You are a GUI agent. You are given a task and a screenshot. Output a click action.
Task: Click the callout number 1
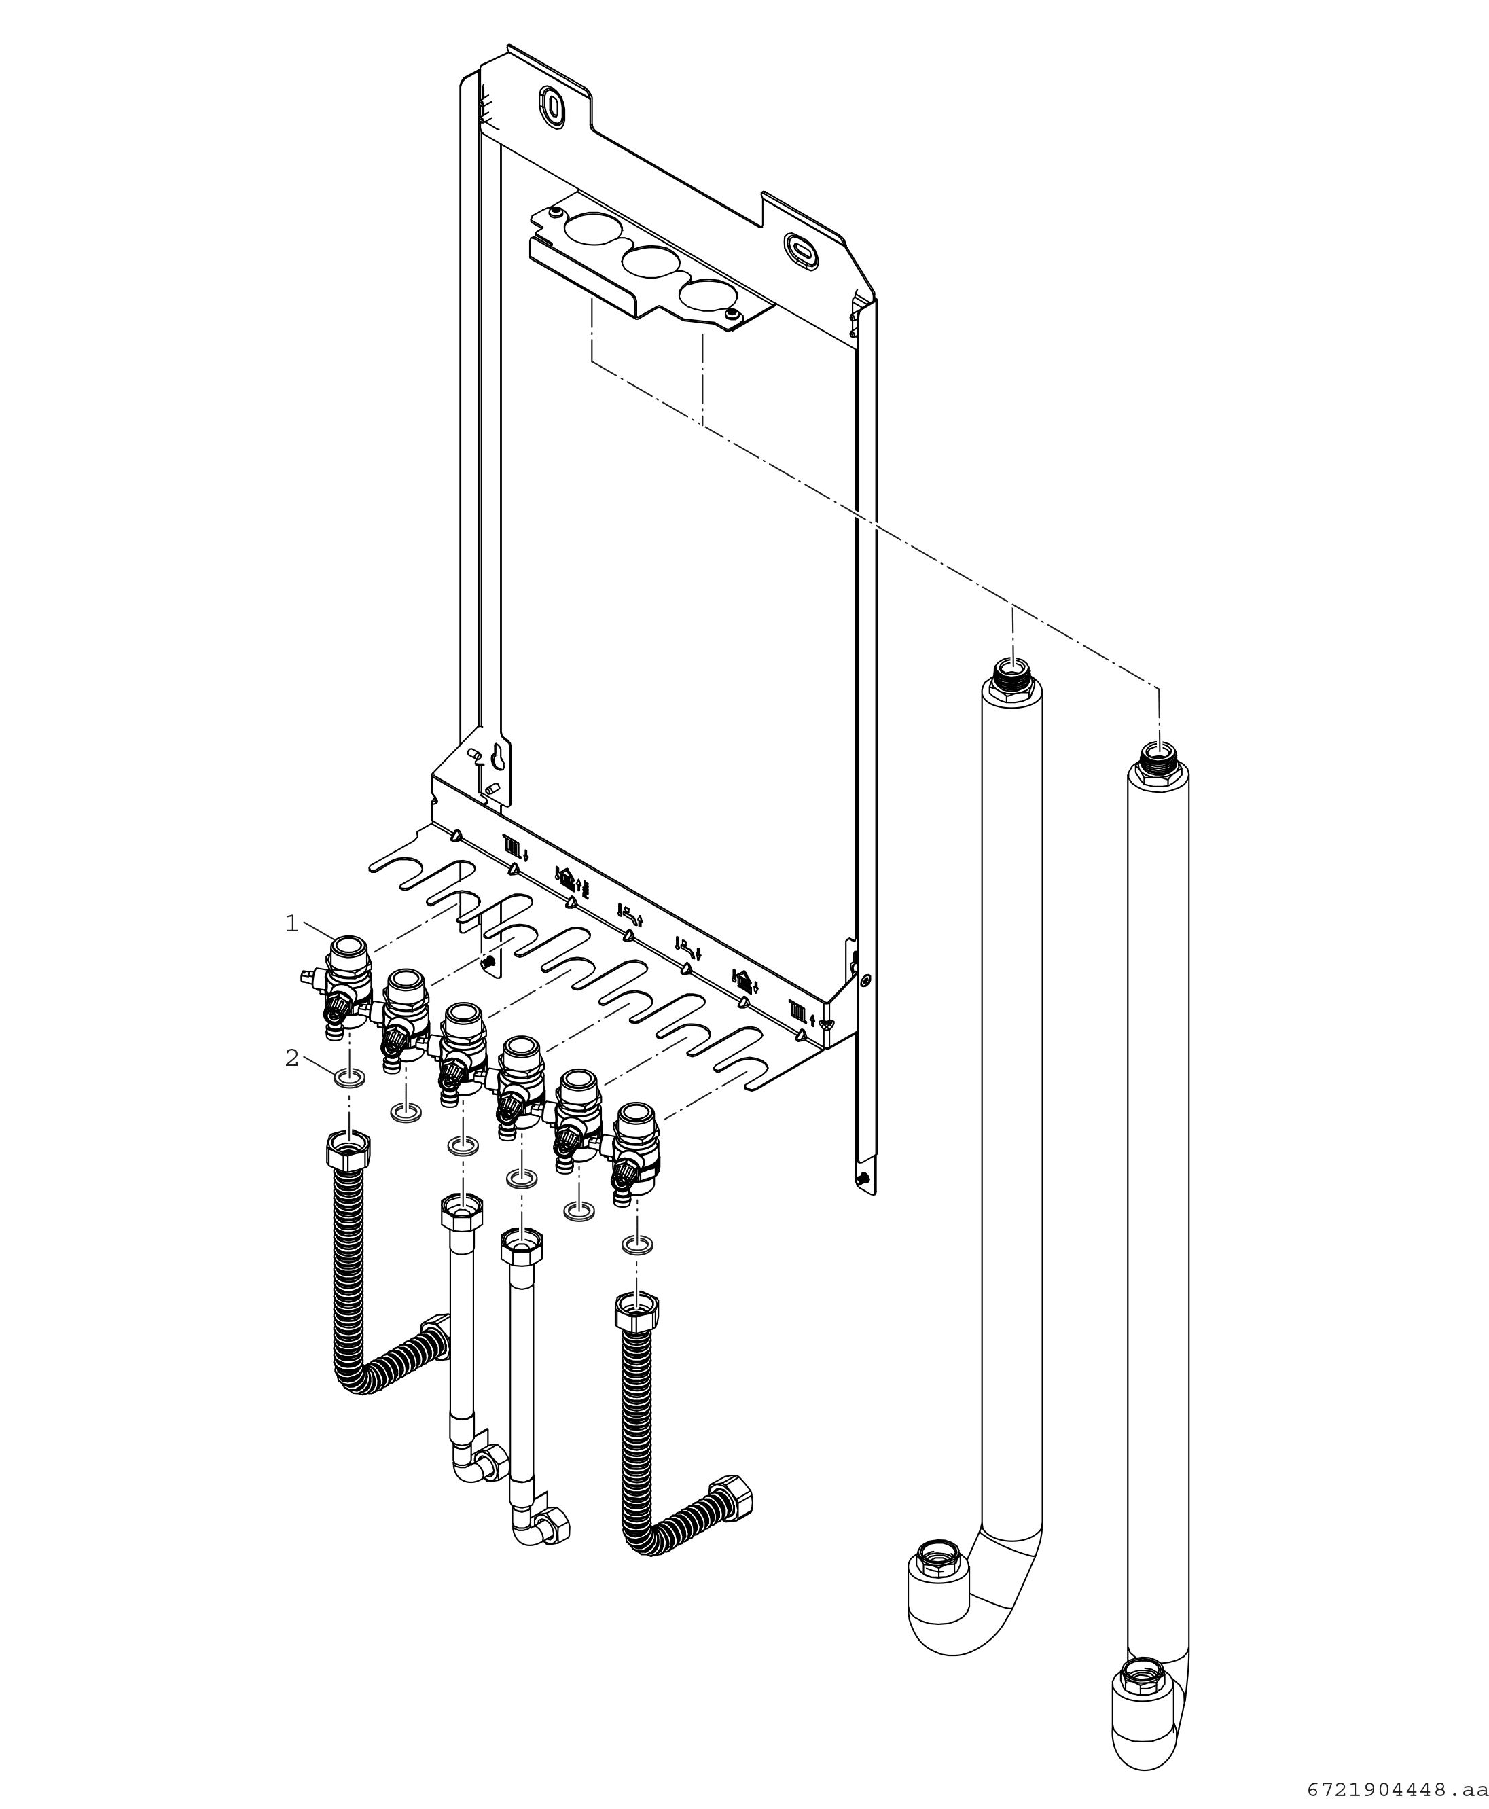[x=291, y=924]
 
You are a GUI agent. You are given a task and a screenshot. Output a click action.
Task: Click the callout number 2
[x=291, y=1058]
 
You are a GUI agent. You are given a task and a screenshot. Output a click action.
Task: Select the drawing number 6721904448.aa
[x=1397, y=1790]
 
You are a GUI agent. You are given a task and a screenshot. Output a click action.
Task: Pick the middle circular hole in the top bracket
[x=649, y=262]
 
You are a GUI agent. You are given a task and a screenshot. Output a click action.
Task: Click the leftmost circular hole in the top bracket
[x=591, y=228]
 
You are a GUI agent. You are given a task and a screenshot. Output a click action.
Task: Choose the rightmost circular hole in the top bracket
[x=706, y=294]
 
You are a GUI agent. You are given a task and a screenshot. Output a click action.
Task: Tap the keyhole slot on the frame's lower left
[x=497, y=754]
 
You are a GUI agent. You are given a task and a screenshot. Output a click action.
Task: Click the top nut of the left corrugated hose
[x=349, y=1146]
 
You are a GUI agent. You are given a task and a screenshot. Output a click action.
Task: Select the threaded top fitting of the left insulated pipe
[x=1012, y=670]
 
